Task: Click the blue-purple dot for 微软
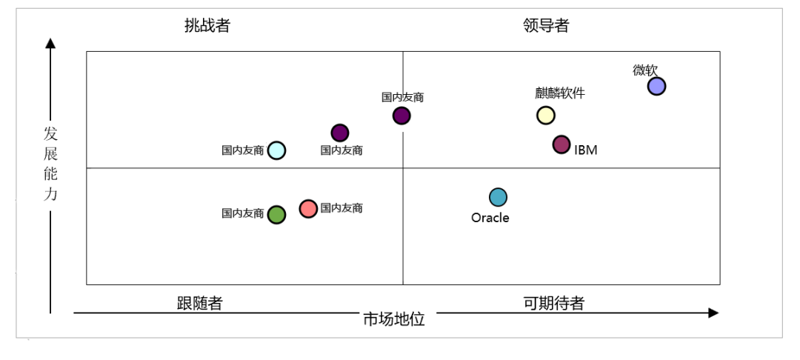(x=656, y=87)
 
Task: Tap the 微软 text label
(x=644, y=70)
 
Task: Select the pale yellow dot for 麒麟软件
(x=545, y=115)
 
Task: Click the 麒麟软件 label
(x=560, y=93)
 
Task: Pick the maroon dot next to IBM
(x=561, y=144)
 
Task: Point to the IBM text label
(x=585, y=150)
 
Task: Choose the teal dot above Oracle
(x=498, y=197)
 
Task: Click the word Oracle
(x=490, y=218)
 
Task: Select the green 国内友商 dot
(x=276, y=215)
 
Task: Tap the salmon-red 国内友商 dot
(x=308, y=209)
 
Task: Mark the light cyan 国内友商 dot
(x=276, y=150)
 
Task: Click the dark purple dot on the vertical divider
(x=401, y=116)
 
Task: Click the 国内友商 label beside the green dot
(x=243, y=213)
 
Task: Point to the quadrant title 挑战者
(x=207, y=26)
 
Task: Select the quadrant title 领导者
(x=546, y=26)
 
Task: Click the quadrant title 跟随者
(x=200, y=304)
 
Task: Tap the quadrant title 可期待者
(x=554, y=304)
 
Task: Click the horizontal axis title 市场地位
(x=393, y=319)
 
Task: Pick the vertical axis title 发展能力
(x=50, y=164)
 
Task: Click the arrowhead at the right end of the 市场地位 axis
(x=713, y=313)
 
